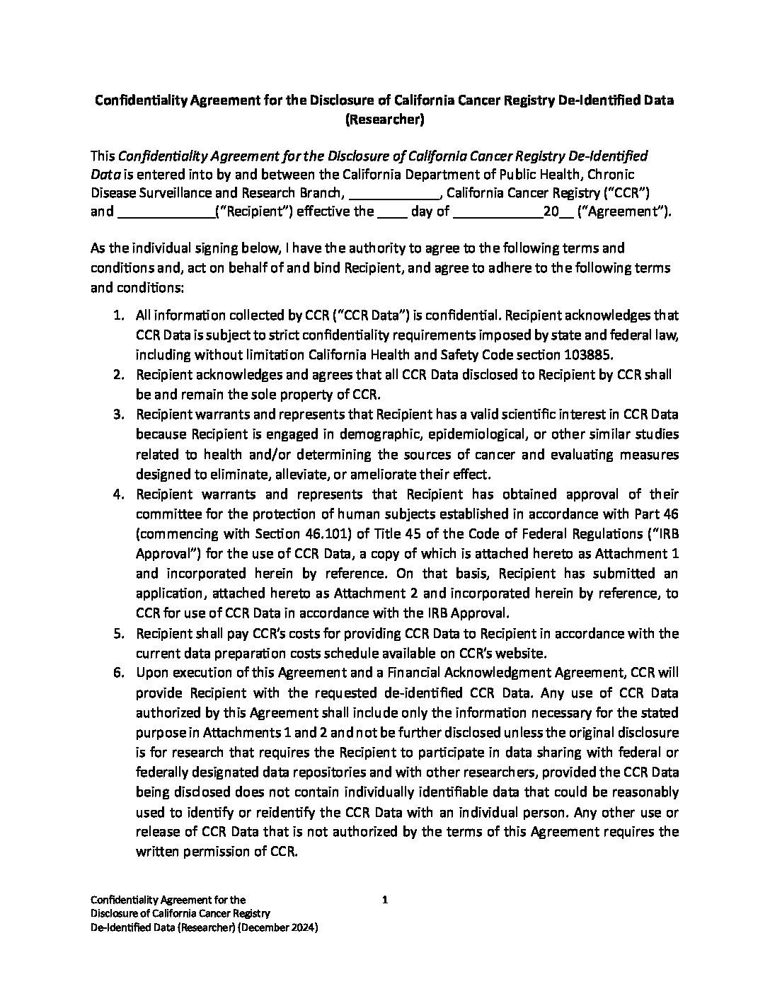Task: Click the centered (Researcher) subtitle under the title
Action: (384, 120)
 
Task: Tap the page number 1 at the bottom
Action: (385, 901)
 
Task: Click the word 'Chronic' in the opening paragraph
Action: (611, 174)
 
